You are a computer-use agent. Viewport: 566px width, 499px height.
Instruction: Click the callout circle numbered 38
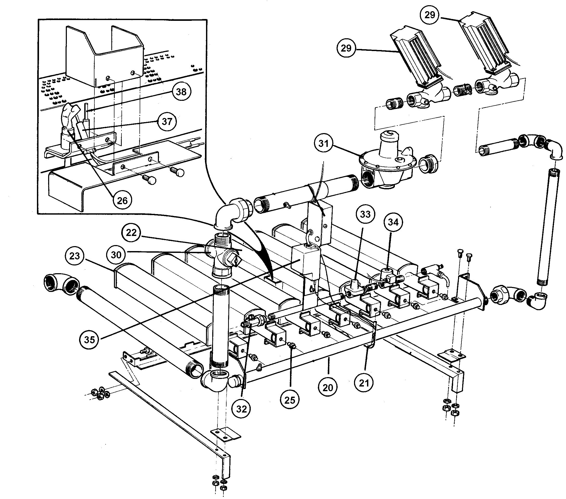[181, 91]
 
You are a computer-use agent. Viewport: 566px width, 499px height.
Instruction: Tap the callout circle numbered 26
[123, 200]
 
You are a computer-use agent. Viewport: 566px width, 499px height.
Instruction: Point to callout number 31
[323, 143]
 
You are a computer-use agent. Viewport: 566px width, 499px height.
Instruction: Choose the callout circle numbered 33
[365, 214]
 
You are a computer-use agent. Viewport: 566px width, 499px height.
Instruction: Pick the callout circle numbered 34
[393, 222]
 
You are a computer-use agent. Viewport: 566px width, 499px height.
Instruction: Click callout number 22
[131, 232]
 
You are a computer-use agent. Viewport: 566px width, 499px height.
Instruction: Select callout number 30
[116, 254]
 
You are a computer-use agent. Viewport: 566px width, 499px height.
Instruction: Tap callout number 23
[74, 255]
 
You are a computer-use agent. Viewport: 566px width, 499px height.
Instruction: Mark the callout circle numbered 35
[89, 339]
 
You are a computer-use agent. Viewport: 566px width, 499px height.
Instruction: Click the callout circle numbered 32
[241, 409]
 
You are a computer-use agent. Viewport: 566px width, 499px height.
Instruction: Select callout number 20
[327, 387]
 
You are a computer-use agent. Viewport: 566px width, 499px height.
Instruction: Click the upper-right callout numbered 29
[430, 15]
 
